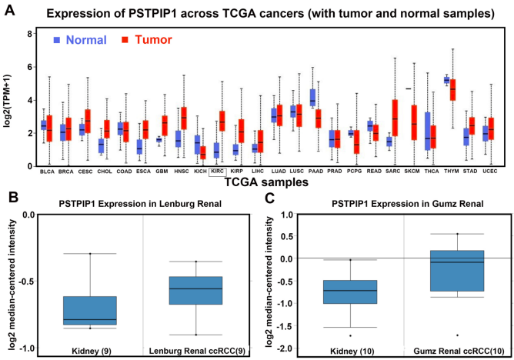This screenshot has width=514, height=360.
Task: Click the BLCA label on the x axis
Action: point(48,172)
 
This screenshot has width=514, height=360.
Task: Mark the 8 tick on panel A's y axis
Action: point(28,34)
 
